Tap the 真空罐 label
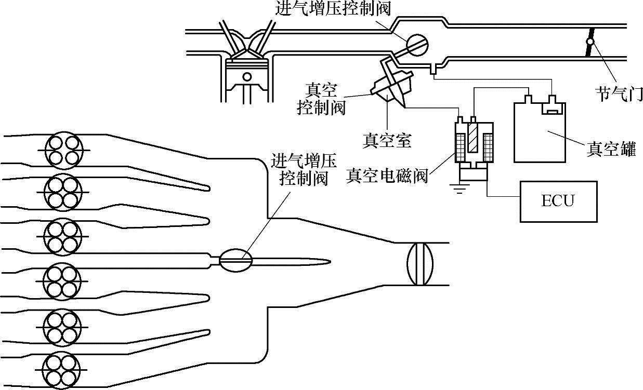coord(611,150)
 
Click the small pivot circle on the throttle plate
coord(590,42)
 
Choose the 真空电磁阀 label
coord(387,177)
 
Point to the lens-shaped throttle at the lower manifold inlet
coord(419,263)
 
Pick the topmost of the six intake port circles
coord(63,151)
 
